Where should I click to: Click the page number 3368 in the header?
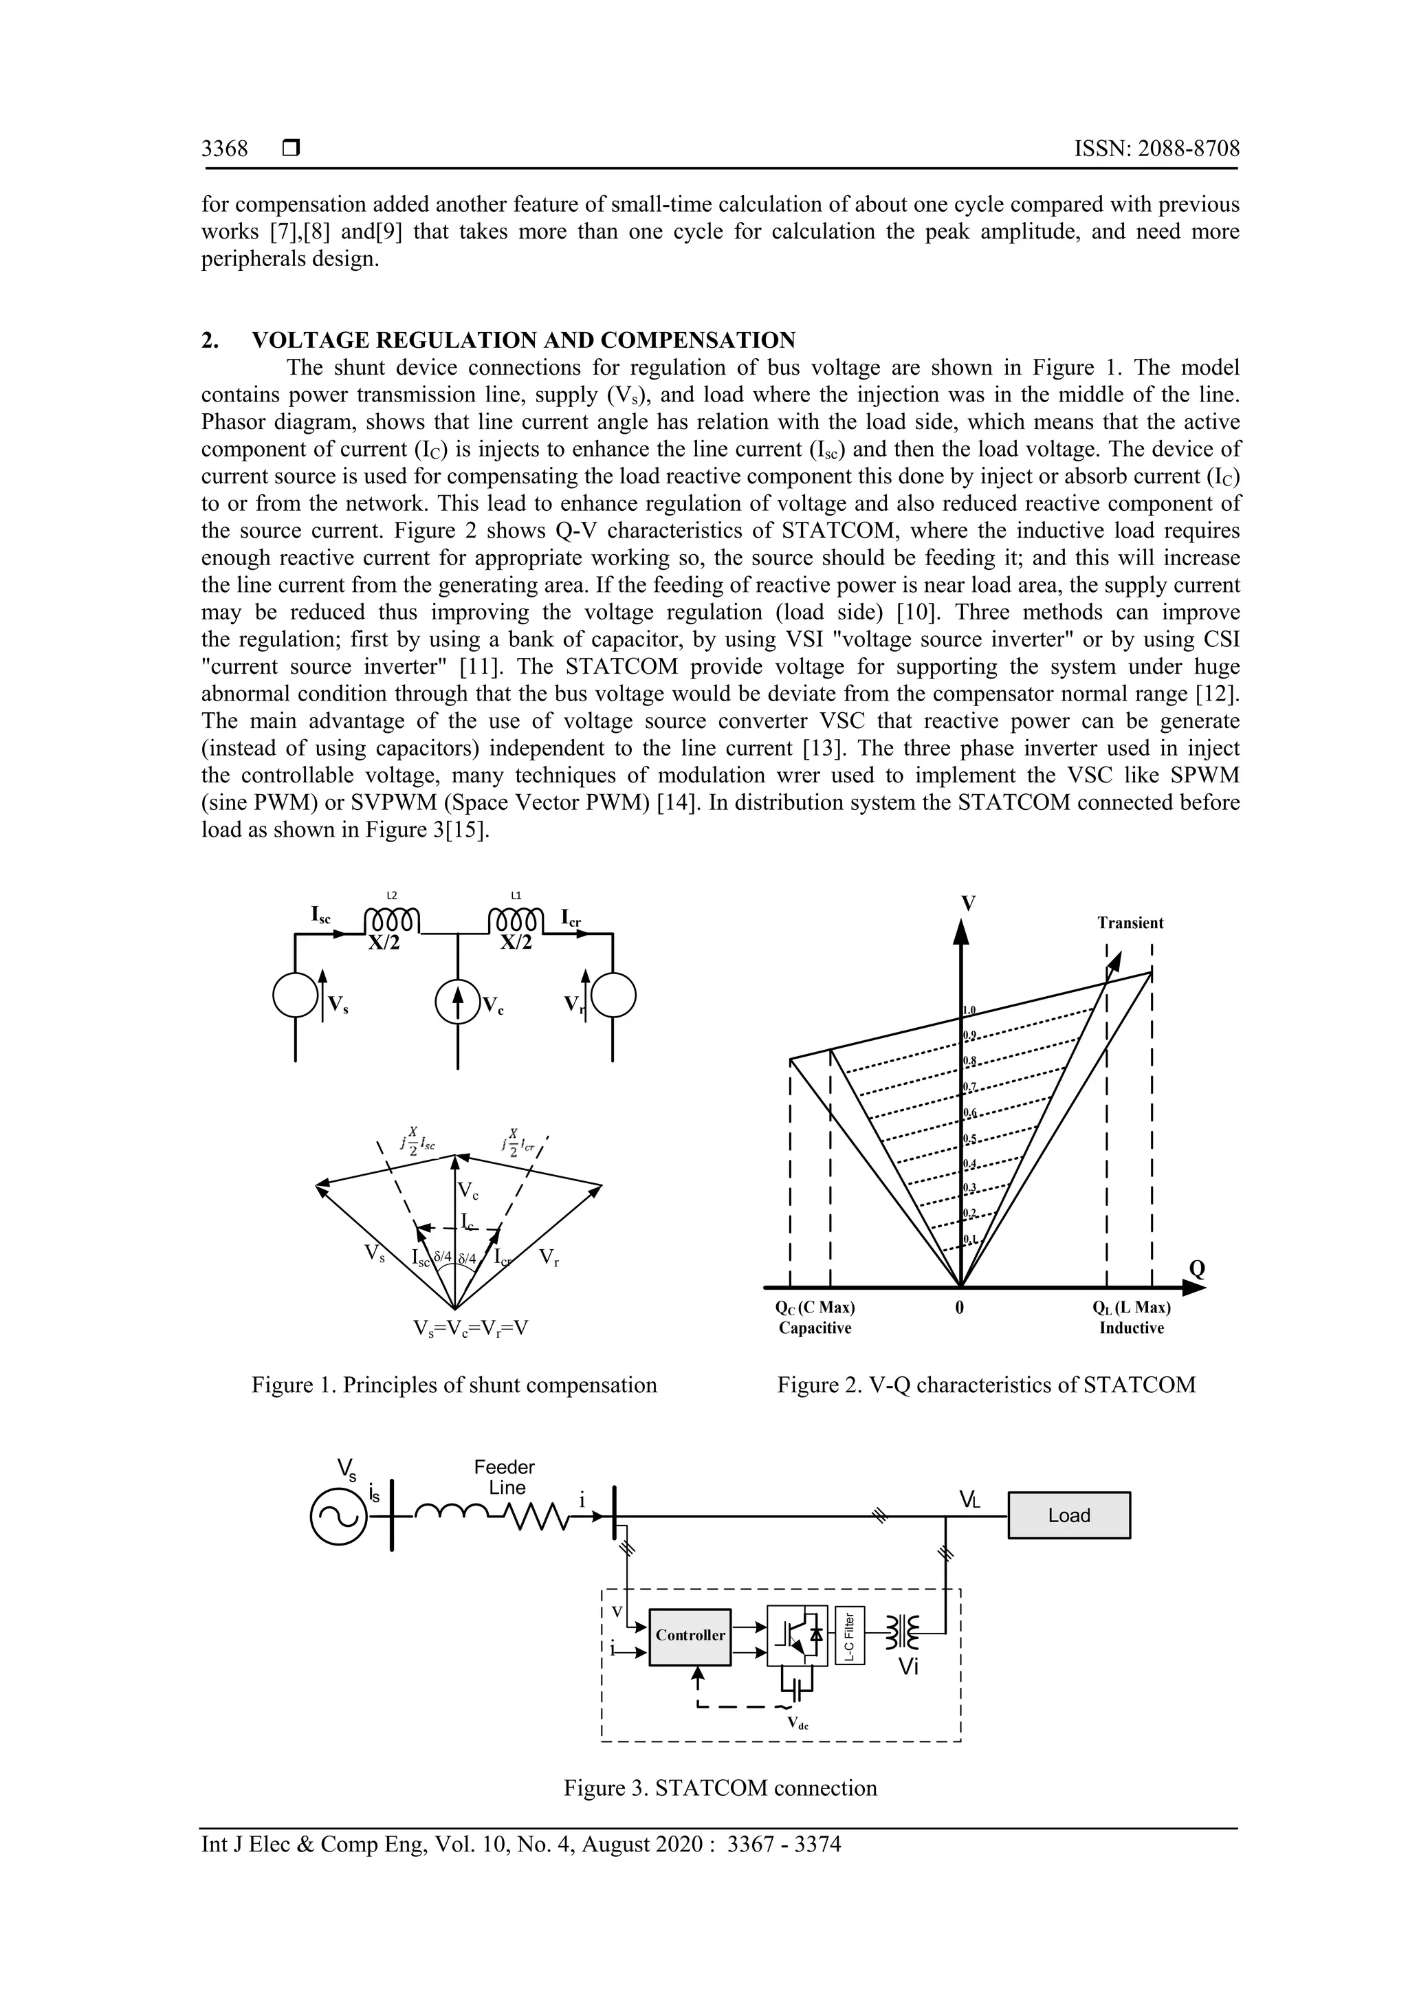tap(225, 149)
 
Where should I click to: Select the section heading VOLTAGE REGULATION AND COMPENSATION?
tap(524, 340)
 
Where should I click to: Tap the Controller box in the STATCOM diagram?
tap(690, 1635)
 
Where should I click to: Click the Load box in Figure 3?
tap(1068, 1515)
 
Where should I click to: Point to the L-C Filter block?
tap(850, 1635)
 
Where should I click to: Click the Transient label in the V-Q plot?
tap(1130, 923)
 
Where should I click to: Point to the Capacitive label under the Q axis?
tap(815, 1328)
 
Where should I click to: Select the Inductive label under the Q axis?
tap(1132, 1328)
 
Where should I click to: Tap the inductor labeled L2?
tap(392, 919)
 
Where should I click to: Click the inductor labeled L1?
tap(517, 919)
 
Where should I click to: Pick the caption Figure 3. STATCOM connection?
tap(720, 1787)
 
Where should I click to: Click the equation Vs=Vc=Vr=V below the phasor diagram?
tap(471, 1328)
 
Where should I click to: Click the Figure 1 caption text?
tap(454, 1385)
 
